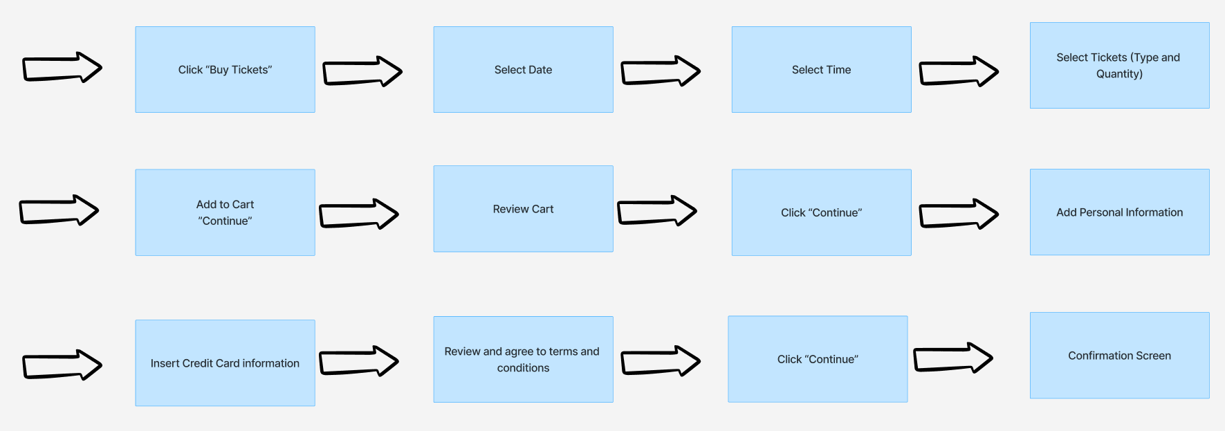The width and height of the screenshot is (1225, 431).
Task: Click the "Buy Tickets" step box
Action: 225,70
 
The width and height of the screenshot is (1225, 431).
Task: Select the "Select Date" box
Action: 523,70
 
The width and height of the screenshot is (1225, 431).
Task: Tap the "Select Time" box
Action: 821,70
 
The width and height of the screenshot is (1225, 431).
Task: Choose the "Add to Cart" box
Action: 225,212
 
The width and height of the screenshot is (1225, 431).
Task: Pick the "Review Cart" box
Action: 523,209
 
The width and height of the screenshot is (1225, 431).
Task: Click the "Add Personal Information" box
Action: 1119,212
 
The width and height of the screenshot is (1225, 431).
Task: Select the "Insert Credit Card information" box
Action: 225,363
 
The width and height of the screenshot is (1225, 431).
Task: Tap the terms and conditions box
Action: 523,360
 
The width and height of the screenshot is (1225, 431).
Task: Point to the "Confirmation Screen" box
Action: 1119,356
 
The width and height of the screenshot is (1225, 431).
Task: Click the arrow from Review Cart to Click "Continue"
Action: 656,211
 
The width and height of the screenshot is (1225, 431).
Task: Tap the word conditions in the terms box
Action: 523,368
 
